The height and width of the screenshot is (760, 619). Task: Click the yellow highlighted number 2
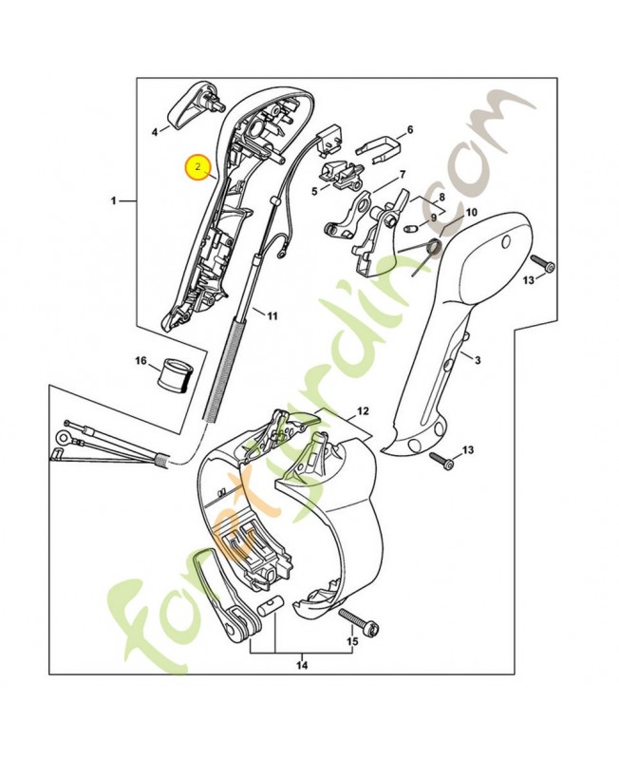197,166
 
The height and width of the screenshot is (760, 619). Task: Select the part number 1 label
114,200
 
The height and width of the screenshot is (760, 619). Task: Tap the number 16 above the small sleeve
141,361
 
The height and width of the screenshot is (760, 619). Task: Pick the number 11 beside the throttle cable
272,314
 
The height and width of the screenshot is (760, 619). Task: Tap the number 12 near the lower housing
362,412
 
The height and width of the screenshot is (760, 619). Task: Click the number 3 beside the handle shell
478,359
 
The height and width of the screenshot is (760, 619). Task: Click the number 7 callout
403,174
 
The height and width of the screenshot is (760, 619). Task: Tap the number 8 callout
441,198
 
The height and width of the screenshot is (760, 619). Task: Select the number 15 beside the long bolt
352,642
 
